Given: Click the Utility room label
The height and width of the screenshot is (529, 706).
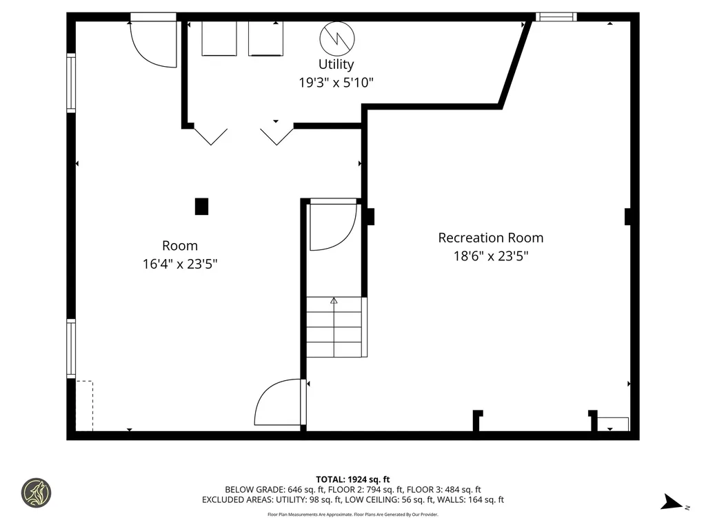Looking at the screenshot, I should pos(336,64).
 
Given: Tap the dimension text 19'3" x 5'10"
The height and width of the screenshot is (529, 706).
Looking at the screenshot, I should pos(336,83).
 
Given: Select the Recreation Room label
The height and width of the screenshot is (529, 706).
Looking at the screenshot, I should pos(490,238).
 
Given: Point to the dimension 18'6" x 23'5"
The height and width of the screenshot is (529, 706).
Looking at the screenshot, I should pos(490,256).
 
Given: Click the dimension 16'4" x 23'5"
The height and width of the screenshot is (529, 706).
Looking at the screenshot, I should pos(180,264).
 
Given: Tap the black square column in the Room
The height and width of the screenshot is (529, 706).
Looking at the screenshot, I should pos(201,207).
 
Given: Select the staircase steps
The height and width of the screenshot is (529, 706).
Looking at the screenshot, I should pos(334,327).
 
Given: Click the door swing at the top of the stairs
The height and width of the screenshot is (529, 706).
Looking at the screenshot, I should pos(332,226).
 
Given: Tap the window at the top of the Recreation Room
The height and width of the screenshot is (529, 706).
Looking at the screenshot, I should pos(556,17).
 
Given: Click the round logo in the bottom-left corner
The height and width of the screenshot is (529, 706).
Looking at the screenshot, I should pos(36,493).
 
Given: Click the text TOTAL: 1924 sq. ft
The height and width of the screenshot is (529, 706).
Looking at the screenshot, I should pos(352,479).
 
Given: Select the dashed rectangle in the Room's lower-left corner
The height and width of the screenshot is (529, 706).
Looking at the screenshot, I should pos(84,406).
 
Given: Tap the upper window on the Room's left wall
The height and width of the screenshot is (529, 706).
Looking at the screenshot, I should pos(71,83).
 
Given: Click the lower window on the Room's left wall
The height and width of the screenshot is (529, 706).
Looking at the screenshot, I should pos(71,348).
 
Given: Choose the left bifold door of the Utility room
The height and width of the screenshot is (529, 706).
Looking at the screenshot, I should pos(210,136).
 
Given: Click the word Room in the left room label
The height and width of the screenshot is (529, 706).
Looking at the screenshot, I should pos(180,246).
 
